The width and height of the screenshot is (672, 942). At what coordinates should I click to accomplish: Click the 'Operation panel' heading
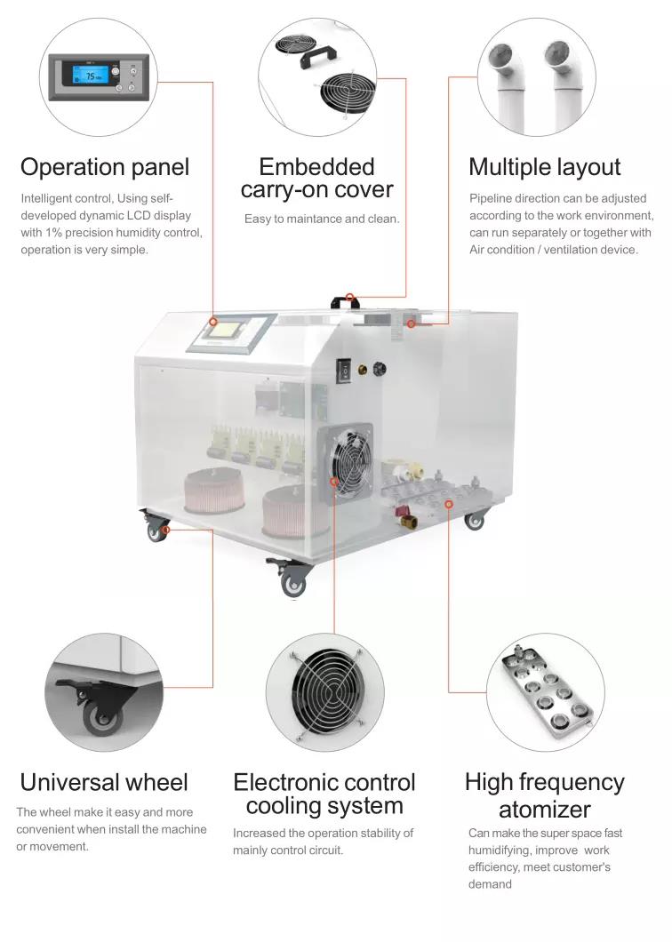[x=105, y=167]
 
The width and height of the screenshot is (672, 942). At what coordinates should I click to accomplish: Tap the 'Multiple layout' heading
[x=544, y=167]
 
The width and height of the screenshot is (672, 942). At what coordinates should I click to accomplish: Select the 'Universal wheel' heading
[x=104, y=782]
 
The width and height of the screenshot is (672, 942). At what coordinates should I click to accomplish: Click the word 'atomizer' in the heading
[x=544, y=810]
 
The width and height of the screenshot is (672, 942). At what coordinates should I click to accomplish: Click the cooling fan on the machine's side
[x=346, y=459]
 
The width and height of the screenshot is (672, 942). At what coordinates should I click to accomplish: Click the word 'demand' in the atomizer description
[x=490, y=884]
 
